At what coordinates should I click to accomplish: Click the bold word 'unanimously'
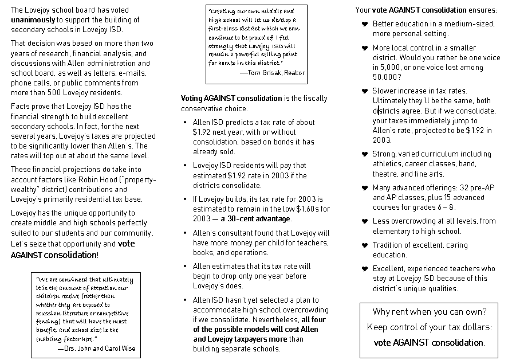point(31,19)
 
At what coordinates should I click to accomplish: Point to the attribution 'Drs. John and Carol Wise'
point(99,348)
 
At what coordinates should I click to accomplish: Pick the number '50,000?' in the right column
point(387,76)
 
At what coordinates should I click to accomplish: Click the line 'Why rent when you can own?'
point(430,312)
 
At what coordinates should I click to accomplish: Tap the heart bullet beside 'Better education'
point(364,24)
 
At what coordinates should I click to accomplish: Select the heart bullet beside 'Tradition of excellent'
point(364,245)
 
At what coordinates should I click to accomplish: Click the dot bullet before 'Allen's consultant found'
point(185,233)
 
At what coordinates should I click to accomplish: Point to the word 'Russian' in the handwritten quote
point(49,314)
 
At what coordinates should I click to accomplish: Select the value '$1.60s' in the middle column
point(317,209)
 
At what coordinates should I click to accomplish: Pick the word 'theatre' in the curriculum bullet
point(385,174)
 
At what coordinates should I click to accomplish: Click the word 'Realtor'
point(293,73)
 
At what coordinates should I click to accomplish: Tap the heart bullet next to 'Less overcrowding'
point(364,221)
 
